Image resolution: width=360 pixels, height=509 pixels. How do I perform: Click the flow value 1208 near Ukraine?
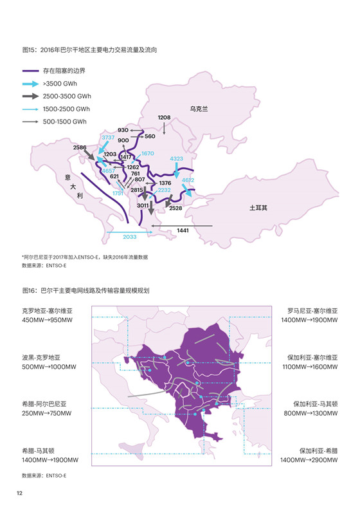(164, 118)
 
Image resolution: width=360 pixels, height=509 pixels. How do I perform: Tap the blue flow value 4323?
(177, 158)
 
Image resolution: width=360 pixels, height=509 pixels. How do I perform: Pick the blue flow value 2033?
(130, 237)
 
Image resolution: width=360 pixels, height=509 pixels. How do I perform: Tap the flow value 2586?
(80, 148)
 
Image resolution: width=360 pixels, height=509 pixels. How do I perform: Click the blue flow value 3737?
(108, 138)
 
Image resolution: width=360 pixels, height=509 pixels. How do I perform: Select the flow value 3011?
(143, 205)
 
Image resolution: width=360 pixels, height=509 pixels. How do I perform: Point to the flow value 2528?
(175, 208)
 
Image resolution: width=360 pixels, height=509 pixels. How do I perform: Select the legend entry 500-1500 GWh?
(65, 121)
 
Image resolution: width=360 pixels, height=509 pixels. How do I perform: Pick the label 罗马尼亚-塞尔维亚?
(312, 311)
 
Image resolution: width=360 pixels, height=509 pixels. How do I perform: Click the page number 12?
(20, 492)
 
